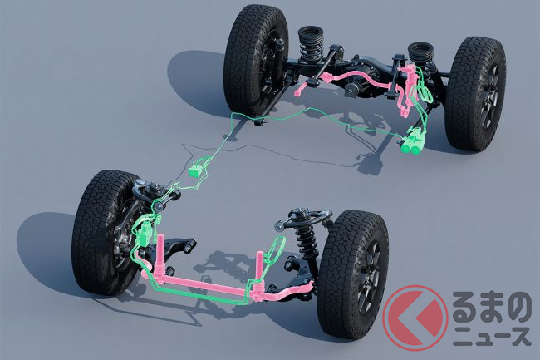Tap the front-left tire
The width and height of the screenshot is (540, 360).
coord(103,234)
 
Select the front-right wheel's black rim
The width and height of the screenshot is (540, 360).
coord(370,275)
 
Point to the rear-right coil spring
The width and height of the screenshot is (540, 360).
coord(420,54)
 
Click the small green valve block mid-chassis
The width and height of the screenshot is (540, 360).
coord(195,171)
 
